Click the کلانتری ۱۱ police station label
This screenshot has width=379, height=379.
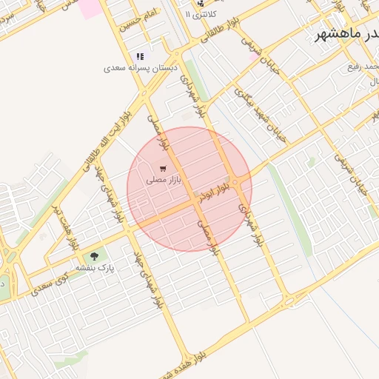point(215,14)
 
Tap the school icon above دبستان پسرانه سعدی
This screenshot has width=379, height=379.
point(139,56)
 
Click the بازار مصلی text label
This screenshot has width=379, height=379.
point(164,179)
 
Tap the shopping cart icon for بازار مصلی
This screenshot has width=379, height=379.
point(163,169)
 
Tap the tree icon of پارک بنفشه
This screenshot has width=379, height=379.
point(93,256)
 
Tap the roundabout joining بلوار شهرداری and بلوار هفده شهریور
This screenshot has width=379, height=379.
point(287,301)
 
